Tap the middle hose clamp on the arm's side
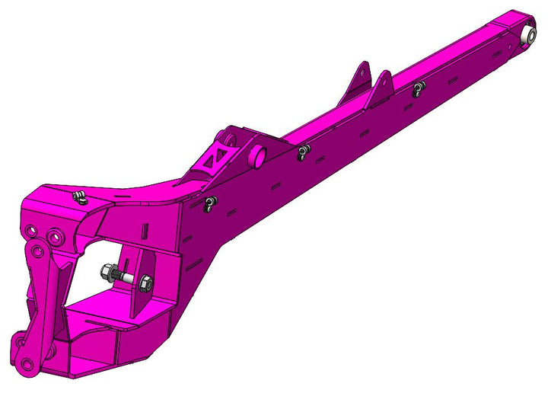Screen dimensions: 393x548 [304, 152]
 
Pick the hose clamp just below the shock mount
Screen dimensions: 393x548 [209, 203]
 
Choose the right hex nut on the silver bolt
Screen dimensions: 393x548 [145, 283]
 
